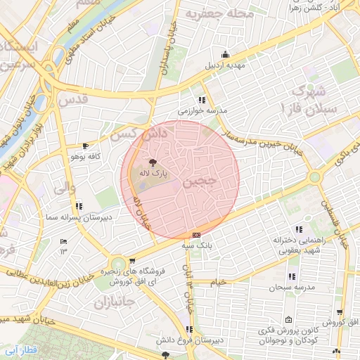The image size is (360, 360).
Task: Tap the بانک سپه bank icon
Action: click(x=196, y=235)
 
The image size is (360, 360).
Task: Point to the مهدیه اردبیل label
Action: click(x=224, y=65)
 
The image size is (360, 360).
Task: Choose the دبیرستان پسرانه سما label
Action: click(x=78, y=218)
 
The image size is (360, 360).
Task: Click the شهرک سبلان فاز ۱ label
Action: click(x=314, y=100)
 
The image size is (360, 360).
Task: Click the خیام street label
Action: click(x=219, y=282)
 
